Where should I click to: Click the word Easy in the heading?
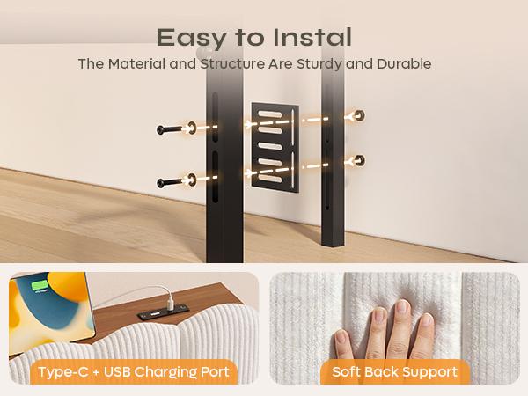click(x=192, y=39)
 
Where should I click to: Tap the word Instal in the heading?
click(x=312, y=37)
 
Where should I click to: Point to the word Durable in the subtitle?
click(x=404, y=63)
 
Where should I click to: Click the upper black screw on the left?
click(x=169, y=129)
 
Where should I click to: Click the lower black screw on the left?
click(x=169, y=183)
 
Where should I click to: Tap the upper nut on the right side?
click(x=359, y=115)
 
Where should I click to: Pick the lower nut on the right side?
click(x=359, y=161)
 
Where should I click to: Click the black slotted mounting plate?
click(x=275, y=148)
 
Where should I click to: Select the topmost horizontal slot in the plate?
click(x=270, y=114)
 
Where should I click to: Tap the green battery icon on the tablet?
click(x=40, y=286)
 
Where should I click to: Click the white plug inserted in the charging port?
click(x=171, y=301)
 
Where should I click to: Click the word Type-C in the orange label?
click(x=63, y=372)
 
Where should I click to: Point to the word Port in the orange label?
click(x=215, y=372)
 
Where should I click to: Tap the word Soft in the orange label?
click(x=346, y=371)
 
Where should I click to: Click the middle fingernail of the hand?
click(x=402, y=306)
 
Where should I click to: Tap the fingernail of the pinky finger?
click(x=341, y=338)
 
